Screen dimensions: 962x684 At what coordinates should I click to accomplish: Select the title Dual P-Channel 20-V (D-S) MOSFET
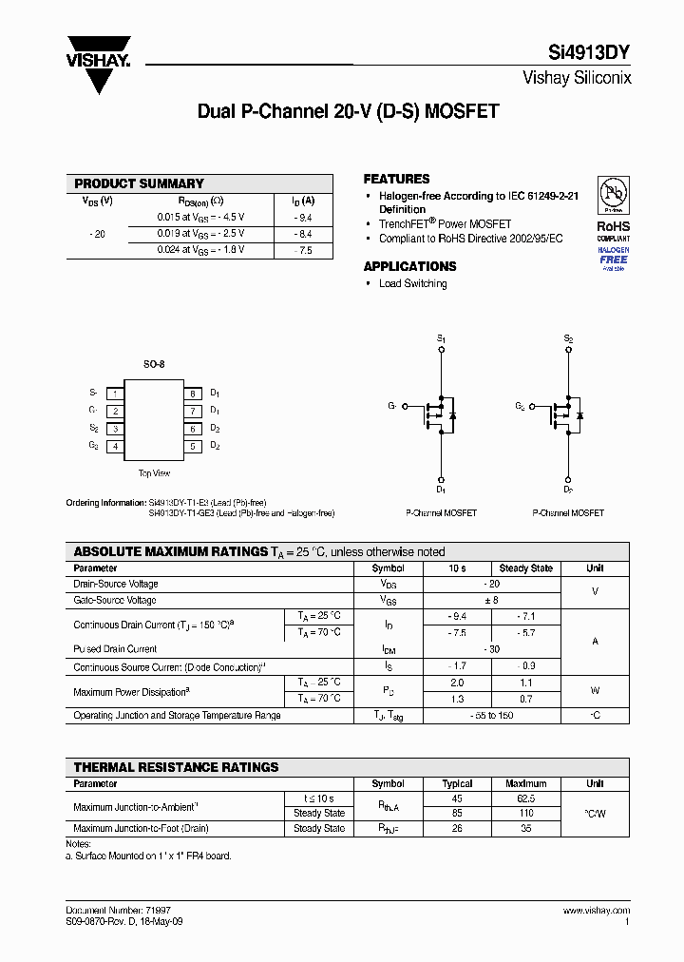click(x=348, y=111)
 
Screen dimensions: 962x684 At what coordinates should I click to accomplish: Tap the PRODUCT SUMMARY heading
click(x=139, y=183)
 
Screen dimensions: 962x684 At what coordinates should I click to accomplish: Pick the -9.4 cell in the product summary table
click(x=303, y=218)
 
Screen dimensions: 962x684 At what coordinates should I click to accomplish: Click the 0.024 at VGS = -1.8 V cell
click(x=200, y=250)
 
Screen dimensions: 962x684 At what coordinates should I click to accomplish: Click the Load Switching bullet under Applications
click(x=412, y=283)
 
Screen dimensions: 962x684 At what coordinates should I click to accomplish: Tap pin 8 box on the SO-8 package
click(x=191, y=394)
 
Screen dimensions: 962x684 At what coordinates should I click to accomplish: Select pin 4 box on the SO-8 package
click(x=114, y=446)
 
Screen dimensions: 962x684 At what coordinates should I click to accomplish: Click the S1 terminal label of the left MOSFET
click(x=441, y=338)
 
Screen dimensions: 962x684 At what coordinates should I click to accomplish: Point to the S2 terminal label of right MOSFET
click(x=568, y=338)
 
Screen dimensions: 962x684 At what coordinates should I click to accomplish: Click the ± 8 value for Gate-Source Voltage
click(x=492, y=601)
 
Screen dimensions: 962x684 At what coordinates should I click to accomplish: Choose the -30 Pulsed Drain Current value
click(x=492, y=649)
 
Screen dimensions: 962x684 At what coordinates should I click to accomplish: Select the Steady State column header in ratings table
click(x=525, y=568)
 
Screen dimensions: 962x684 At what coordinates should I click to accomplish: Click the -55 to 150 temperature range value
click(x=492, y=715)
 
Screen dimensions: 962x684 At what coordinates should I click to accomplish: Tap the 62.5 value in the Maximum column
click(x=525, y=799)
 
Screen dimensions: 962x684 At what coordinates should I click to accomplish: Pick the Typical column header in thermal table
click(x=457, y=784)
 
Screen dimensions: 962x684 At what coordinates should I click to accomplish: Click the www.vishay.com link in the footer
click(x=596, y=911)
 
